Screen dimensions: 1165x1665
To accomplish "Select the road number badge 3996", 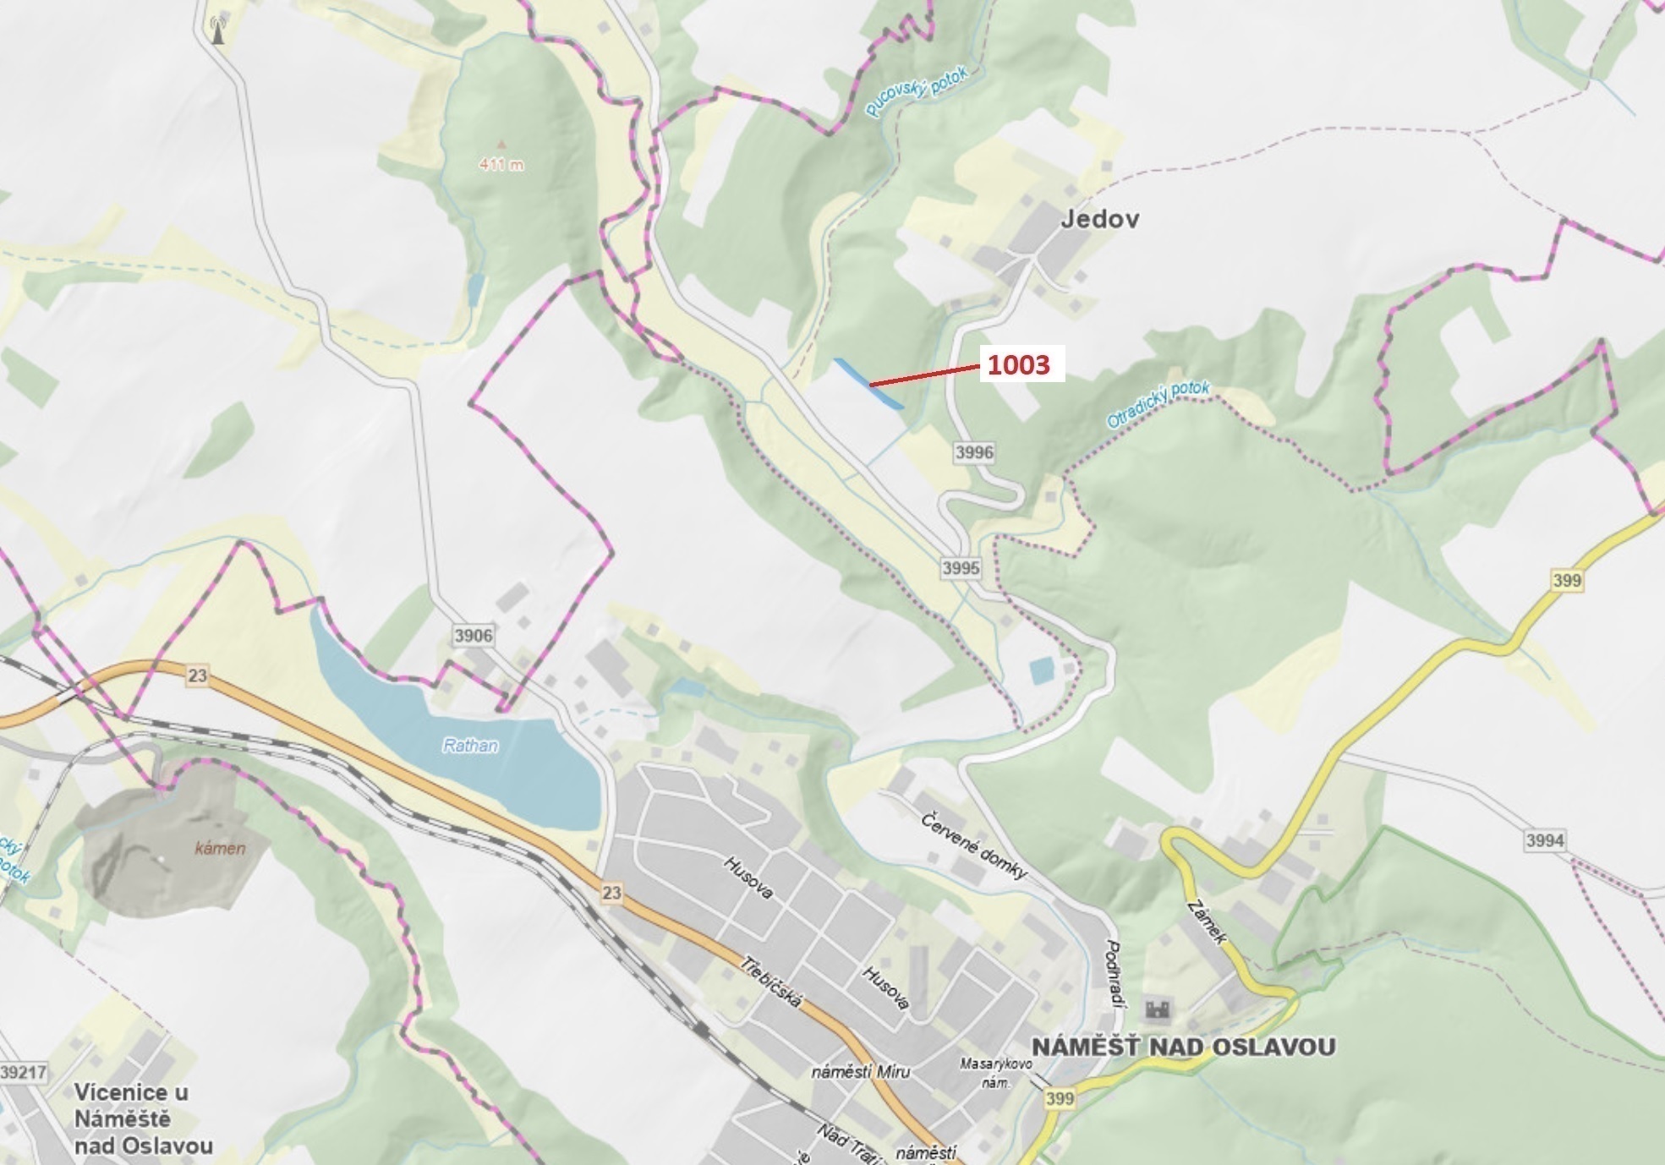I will click(x=974, y=452).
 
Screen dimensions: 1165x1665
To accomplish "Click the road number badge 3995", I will click(x=961, y=568).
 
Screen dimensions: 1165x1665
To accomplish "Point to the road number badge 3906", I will click(x=473, y=636).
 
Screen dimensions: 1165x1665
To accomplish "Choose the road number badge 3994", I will click(x=1545, y=840).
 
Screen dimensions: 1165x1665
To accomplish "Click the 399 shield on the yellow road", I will click(x=1567, y=580).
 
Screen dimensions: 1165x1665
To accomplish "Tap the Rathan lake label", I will click(x=470, y=746).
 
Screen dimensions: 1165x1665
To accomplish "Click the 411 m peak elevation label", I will click(x=501, y=165).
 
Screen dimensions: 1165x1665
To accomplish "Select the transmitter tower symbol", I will click(x=218, y=30).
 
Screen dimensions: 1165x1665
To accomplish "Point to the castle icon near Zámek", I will click(x=1158, y=1009).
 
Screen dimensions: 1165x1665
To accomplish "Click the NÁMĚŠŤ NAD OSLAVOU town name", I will click(x=1183, y=1047).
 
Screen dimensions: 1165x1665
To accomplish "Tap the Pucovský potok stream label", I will click(x=916, y=93).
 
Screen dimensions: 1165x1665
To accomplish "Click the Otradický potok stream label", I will click(x=1158, y=404).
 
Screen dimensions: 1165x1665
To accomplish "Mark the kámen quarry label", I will click(x=220, y=849).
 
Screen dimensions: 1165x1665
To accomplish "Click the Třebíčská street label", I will click(x=770, y=982).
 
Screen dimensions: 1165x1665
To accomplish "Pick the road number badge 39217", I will click(x=24, y=1072).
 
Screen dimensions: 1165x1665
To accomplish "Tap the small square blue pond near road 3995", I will click(x=1042, y=671).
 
